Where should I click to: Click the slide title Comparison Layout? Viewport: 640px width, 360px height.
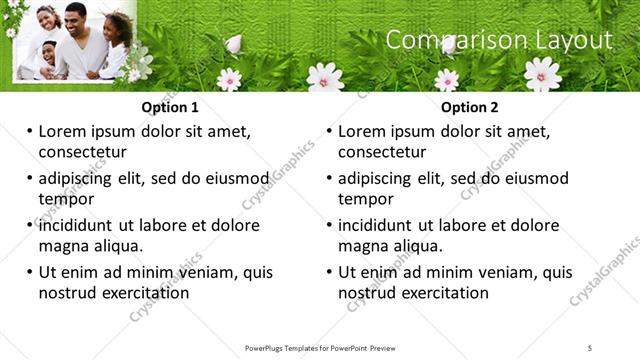(498, 40)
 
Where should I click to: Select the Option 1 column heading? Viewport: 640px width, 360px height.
(170, 108)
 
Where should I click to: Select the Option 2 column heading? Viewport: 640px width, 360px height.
(470, 108)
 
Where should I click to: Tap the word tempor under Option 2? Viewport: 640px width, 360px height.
(365, 199)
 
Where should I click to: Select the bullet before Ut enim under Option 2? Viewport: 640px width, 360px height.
(329, 272)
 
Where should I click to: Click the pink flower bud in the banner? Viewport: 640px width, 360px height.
(233, 43)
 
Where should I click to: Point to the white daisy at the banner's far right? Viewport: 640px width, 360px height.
(542, 72)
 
